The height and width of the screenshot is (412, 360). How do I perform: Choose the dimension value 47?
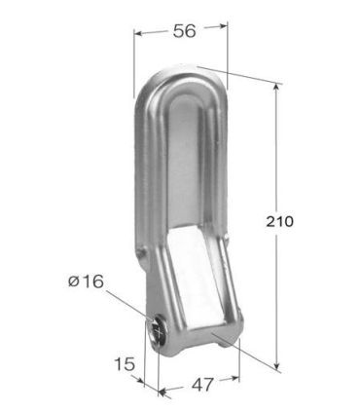pos(201,383)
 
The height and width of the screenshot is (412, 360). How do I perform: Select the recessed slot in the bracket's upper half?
pos(185,166)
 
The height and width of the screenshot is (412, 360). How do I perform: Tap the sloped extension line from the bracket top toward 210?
pos(238,73)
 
